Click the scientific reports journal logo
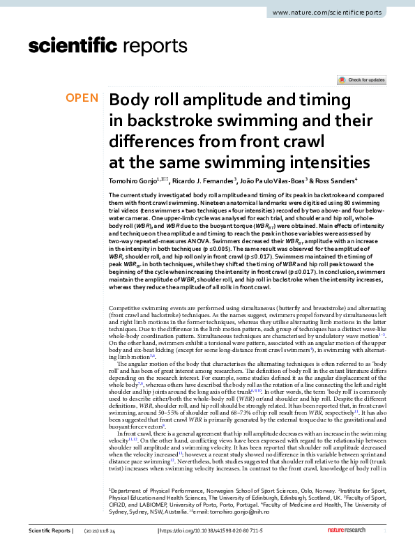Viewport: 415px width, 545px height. (x=84, y=47)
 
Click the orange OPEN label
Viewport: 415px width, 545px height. (x=82, y=98)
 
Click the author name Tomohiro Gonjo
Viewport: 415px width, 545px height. (x=134, y=180)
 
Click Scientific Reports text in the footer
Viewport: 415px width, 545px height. (x=49, y=531)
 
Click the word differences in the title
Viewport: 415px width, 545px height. (x=149, y=142)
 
